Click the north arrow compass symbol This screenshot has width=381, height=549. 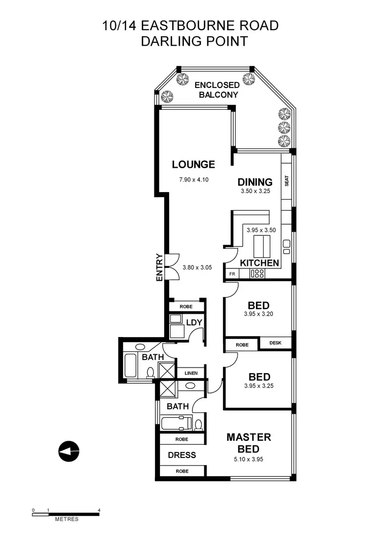click(69, 451)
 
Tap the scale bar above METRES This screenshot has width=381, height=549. click(66, 513)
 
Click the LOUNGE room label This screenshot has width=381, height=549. click(193, 165)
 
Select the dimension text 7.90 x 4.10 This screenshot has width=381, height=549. click(194, 179)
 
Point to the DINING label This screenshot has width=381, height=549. click(255, 182)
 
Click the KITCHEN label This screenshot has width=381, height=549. click(259, 263)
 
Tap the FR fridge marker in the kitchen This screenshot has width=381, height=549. click(232, 274)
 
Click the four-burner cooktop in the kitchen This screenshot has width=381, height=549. click(258, 274)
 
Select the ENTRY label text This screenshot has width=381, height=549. click(160, 267)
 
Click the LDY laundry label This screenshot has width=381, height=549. click(194, 322)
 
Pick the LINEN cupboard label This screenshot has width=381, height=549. click(190, 373)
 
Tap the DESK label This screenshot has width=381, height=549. click(276, 343)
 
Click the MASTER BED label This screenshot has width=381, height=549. click(248, 443)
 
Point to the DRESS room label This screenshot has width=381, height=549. click(181, 455)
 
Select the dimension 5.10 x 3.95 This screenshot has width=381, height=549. click(248, 459)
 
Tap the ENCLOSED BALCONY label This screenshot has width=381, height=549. click(216, 90)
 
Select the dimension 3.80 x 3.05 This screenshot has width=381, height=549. click(199, 267)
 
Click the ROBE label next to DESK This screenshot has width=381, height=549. click(242, 344)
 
